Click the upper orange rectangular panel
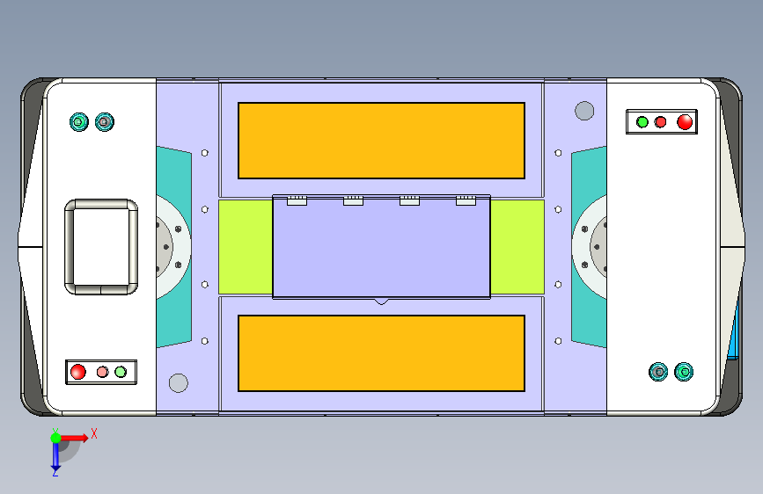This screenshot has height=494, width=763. click(x=381, y=141)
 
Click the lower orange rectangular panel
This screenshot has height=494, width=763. click(x=381, y=353)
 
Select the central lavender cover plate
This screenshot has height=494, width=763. click(x=381, y=246)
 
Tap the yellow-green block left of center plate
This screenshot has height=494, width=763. click(x=246, y=247)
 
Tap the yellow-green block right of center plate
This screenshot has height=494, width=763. click(x=517, y=247)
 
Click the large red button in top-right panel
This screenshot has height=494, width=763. click(x=685, y=121)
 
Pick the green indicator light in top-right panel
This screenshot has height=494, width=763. click(x=642, y=122)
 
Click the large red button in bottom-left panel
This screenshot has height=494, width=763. click(x=77, y=372)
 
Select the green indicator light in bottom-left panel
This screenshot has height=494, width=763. click(x=121, y=372)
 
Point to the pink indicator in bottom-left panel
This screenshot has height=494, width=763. click(x=102, y=372)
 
